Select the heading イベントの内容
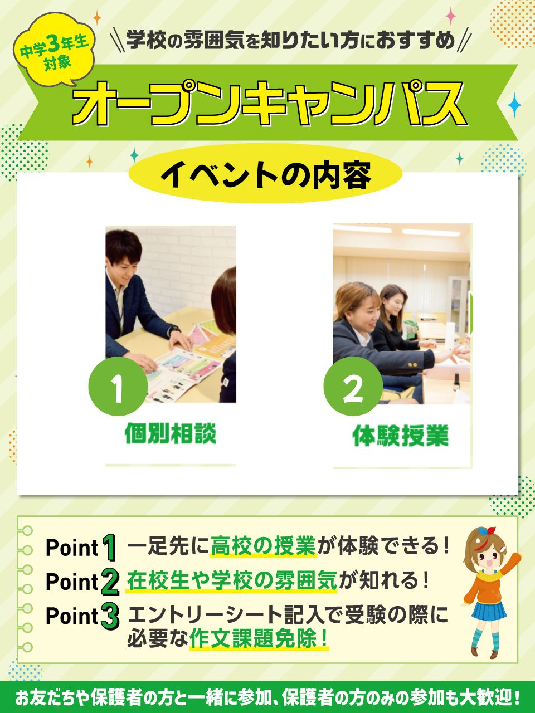click(266, 175)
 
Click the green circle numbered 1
click(118, 386)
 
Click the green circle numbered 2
click(353, 386)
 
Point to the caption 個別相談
click(170, 433)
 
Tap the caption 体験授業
click(401, 435)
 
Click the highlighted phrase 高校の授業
click(263, 546)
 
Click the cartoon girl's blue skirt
click(489, 611)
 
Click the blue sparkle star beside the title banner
click(514, 105)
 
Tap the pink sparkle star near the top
click(451, 16)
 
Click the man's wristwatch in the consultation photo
click(176, 330)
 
